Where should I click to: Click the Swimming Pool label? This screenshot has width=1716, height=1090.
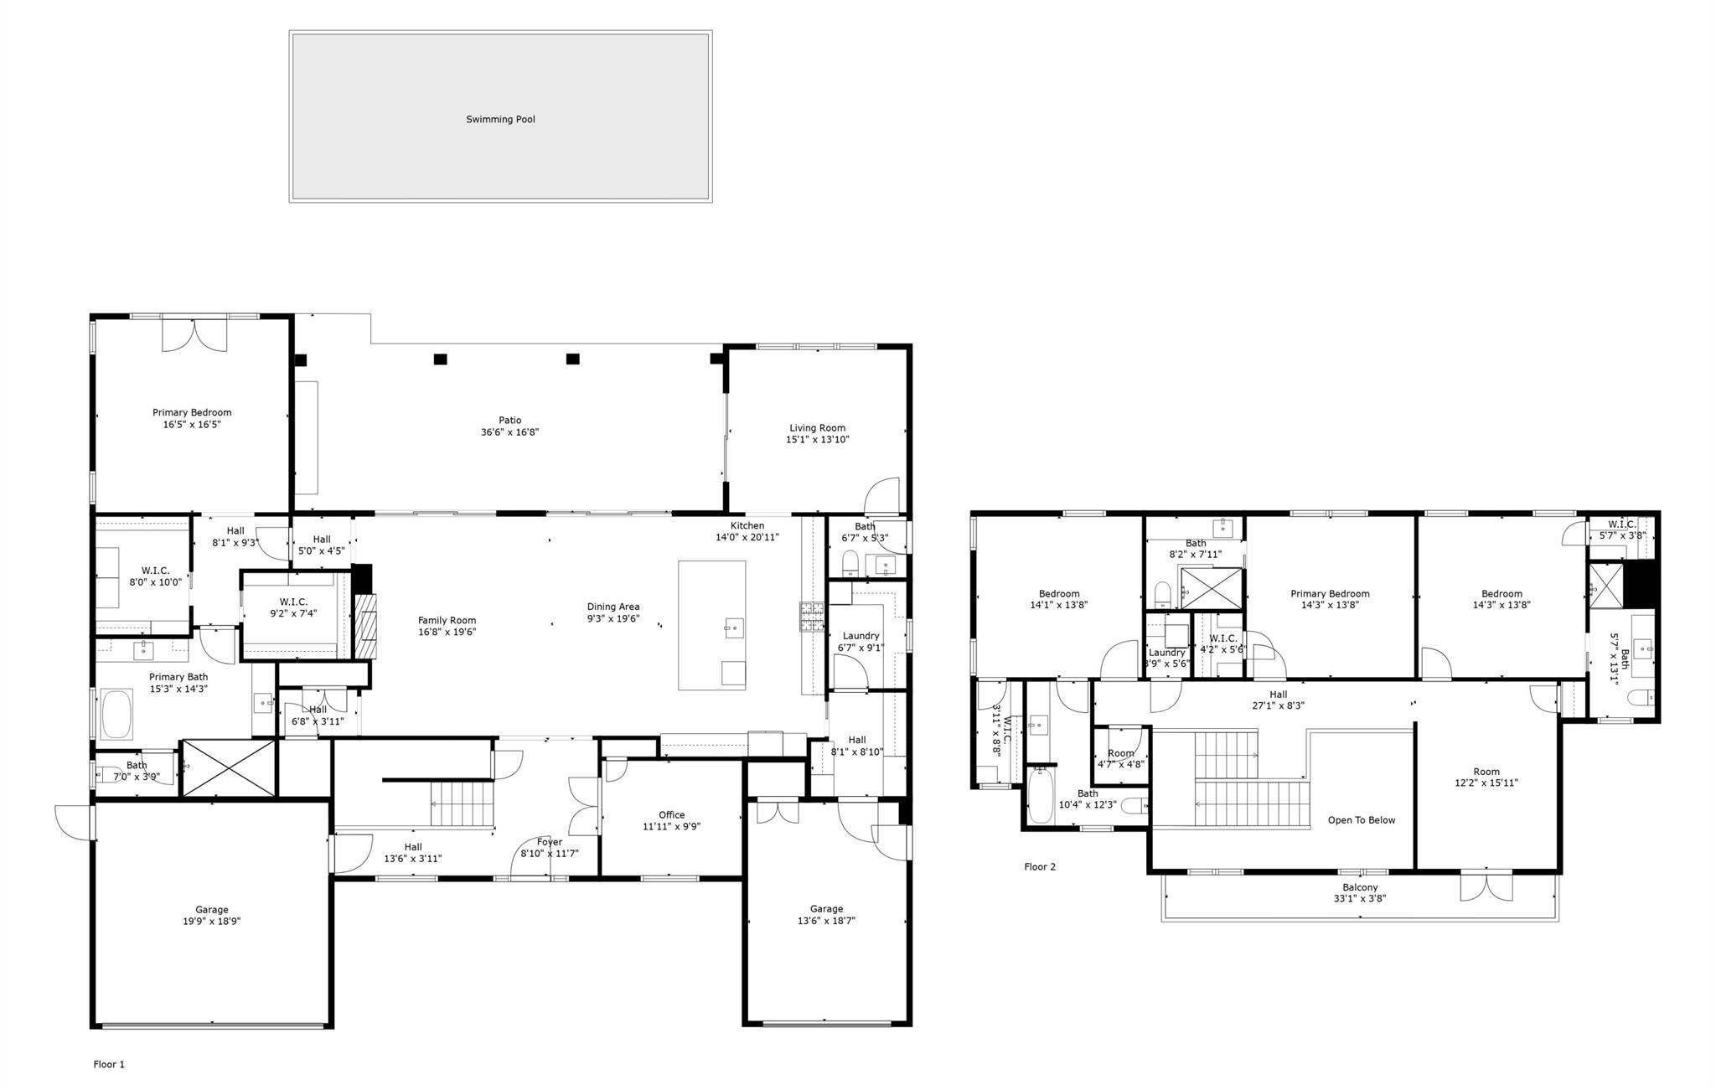pyautogui.click(x=500, y=120)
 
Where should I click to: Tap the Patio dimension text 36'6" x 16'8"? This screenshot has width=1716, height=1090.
pyautogui.click(x=509, y=432)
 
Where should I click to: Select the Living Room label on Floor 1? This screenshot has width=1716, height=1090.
pyautogui.click(x=817, y=428)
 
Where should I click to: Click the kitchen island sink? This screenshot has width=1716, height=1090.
pyautogui.click(x=734, y=628)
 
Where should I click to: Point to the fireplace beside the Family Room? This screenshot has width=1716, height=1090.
pyautogui.click(x=366, y=626)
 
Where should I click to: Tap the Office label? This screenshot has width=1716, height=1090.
pyautogui.click(x=671, y=814)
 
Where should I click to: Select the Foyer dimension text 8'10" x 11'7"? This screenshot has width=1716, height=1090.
pyautogui.click(x=550, y=854)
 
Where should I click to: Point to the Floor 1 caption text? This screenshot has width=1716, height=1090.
pyautogui.click(x=109, y=1065)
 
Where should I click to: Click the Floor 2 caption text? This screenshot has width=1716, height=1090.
pyautogui.click(x=1040, y=867)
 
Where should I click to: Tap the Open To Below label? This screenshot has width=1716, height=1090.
pyautogui.click(x=1362, y=820)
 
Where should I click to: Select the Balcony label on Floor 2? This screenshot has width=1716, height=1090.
pyautogui.click(x=1360, y=887)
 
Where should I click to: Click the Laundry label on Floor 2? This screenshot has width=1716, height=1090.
pyautogui.click(x=1166, y=653)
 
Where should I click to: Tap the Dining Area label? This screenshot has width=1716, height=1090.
pyautogui.click(x=612, y=607)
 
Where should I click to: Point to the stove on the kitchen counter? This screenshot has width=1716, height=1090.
pyautogui.click(x=810, y=617)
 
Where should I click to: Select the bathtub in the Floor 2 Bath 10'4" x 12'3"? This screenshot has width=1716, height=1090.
pyautogui.click(x=1040, y=796)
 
